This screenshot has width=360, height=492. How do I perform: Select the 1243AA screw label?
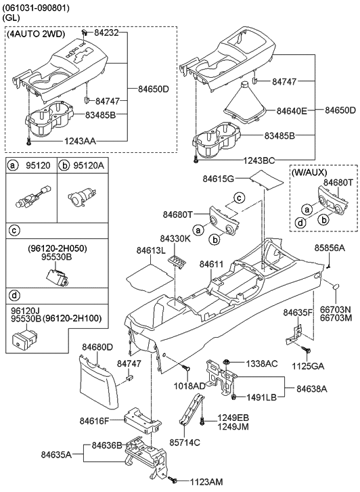coord(81,141)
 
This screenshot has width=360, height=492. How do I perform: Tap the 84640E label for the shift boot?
coord(292,111)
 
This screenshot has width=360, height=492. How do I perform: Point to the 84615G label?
coord(219,179)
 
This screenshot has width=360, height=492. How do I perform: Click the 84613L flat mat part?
coord(150,277)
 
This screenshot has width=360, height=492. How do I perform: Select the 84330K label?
coord(175,238)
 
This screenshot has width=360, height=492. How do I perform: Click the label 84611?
coord(212,264)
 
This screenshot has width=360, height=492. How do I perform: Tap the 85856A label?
coord(330,248)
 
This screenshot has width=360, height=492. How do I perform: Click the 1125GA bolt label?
coord(308,366)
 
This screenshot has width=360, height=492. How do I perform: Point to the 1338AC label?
coord(261,363)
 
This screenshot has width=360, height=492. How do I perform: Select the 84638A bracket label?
coord(312,389)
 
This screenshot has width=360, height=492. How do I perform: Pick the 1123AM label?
coord(206,482)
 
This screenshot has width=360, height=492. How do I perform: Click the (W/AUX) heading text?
coord(309,173)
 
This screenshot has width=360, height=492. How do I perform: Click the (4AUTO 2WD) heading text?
coord(36,35)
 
